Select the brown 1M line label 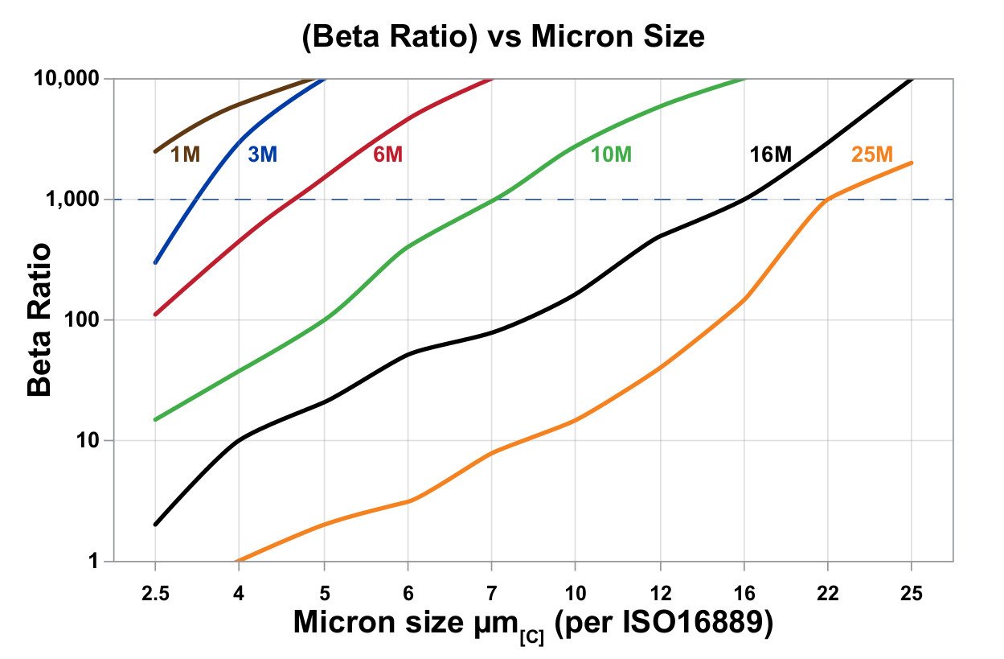click(185, 154)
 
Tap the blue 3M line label click(262, 154)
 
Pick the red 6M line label click(387, 154)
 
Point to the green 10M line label click(612, 154)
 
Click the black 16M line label click(770, 154)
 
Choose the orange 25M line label click(872, 154)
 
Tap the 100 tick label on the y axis click(82, 320)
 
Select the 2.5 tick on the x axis click(155, 593)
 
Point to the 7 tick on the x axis click(491, 593)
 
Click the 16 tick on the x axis click(744, 593)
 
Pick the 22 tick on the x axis click(828, 593)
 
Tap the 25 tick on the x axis click(912, 593)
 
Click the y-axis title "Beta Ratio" click(40, 319)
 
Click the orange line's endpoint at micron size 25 click(912, 163)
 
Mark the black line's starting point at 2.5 click(155, 525)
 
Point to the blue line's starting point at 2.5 click(155, 262)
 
